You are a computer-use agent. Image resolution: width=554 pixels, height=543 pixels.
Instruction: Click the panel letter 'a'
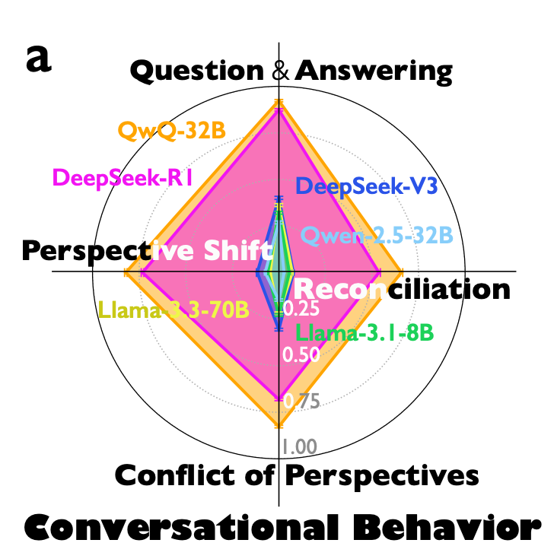point(39,59)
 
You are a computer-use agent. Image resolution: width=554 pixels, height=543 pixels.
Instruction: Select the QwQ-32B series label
point(172,131)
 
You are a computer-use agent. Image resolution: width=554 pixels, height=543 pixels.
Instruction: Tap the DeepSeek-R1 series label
point(123,178)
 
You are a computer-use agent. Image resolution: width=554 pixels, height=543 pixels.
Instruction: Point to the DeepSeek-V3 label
point(367,186)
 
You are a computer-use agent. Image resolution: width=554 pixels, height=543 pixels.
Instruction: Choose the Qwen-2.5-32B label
point(377,236)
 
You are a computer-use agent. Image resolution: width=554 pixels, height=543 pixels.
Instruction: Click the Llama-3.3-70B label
point(174,310)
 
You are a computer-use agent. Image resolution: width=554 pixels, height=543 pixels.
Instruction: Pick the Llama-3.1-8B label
point(365,332)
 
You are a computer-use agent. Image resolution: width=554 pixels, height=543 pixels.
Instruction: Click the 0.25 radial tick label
point(301,309)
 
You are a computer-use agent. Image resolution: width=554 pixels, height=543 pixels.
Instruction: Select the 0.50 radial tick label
point(301,354)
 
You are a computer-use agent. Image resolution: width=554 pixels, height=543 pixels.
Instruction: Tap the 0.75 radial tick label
point(301,401)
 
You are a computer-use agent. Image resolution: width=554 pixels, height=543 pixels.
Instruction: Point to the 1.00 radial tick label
point(299,446)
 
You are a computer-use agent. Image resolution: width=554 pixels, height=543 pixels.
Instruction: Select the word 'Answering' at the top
point(374,72)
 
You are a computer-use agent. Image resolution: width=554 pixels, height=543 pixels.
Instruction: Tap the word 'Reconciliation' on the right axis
point(402,289)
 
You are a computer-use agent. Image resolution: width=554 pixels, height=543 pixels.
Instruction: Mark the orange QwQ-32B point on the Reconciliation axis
point(402,271)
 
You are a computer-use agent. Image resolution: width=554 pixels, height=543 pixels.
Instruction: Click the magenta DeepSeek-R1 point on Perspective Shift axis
point(142,271)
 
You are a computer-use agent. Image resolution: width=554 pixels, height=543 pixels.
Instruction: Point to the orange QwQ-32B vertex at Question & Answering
point(279,102)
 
